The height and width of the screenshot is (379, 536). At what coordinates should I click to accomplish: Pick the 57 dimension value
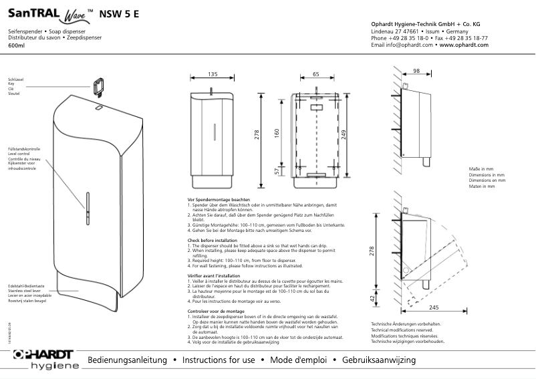point(276,172)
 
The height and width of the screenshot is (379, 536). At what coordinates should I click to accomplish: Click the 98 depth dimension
point(416,70)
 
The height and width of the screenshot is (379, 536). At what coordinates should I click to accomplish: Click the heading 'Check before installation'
point(212,240)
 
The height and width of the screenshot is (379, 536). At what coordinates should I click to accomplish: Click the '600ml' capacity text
point(16,45)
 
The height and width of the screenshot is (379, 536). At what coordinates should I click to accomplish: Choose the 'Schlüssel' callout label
point(15,79)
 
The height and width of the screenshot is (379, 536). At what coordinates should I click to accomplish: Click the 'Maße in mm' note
point(481,170)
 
